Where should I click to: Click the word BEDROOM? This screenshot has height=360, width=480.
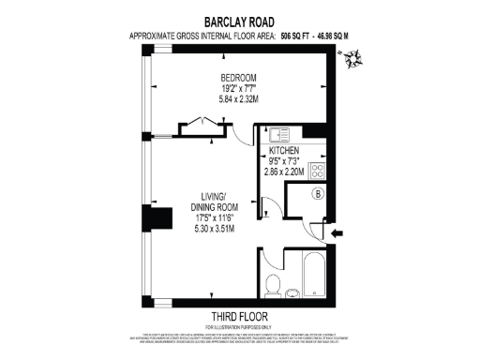[239, 77]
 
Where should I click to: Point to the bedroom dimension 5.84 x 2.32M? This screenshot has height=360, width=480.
[239, 98]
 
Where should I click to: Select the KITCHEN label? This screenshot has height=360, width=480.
[284, 151]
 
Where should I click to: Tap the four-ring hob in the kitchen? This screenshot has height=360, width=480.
[316, 171]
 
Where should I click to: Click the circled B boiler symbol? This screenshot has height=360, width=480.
[317, 194]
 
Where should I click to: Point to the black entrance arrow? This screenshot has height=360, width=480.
[337, 232]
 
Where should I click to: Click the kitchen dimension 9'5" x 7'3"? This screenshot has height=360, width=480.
[284, 162]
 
